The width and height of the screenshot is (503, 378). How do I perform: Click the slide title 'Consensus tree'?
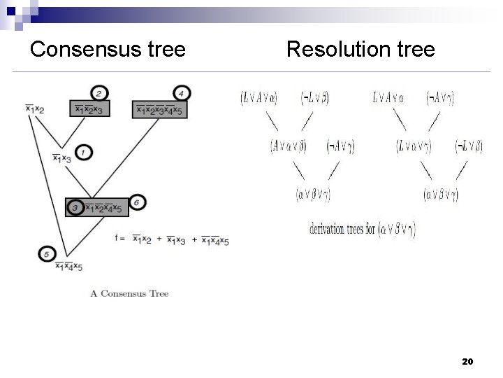pos(108,50)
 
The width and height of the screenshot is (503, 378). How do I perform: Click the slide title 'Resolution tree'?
pos(360,50)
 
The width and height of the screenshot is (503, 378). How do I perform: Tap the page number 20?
pos(468,361)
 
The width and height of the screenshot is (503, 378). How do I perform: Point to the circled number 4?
pos(181,92)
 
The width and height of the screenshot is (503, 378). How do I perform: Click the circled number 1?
pos(83,152)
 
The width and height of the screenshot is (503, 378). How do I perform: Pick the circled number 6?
pos(138,202)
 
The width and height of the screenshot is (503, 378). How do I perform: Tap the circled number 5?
pos(47,253)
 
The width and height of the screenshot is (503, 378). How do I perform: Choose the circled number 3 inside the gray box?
pos(75,207)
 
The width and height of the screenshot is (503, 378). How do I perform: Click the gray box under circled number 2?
pos(89,108)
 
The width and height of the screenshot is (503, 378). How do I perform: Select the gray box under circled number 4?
pos(159,108)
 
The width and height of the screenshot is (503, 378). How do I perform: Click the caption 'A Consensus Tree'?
pos(129,293)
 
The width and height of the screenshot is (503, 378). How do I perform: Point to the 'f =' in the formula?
pos(119,238)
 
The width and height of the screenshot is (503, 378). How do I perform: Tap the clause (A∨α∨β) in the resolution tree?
pos(289,146)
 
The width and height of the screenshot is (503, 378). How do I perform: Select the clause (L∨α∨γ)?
pos(414,146)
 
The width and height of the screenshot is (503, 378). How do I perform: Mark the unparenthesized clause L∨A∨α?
pos(388,98)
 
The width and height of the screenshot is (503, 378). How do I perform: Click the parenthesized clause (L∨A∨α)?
pos(258,98)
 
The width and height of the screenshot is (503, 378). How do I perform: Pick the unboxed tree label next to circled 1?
pos(62,158)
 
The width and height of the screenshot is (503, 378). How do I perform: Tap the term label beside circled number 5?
pos(69,266)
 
